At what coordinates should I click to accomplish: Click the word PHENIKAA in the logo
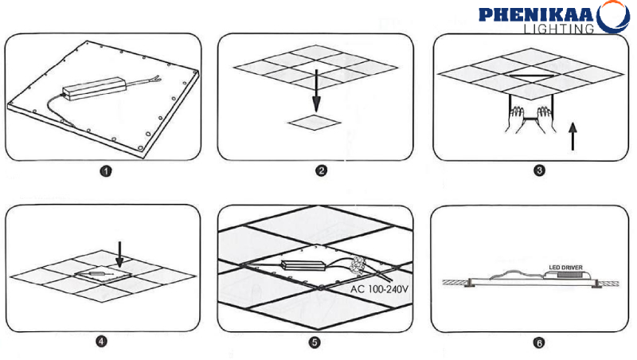click(x=536, y=14)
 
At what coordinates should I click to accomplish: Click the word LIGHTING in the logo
click(x=559, y=29)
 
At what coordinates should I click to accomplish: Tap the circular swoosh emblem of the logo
click(x=614, y=17)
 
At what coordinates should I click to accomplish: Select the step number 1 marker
click(x=106, y=171)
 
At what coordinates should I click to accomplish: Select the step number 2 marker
click(x=322, y=170)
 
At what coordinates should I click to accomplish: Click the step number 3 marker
click(x=539, y=170)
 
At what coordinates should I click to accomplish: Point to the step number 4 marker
click(x=102, y=341)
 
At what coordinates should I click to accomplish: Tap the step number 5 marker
click(x=315, y=342)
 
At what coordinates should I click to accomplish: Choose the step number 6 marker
click(x=539, y=343)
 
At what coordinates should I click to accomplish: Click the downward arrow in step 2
click(x=316, y=90)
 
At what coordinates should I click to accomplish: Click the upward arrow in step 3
click(x=573, y=136)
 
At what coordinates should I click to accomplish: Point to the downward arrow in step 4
click(x=119, y=255)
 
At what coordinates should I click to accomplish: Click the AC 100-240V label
click(x=379, y=289)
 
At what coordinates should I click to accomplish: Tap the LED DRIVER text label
click(x=565, y=268)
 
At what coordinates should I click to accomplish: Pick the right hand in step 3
click(x=545, y=119)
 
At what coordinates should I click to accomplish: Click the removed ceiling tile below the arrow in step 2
click(x=315, y=122)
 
